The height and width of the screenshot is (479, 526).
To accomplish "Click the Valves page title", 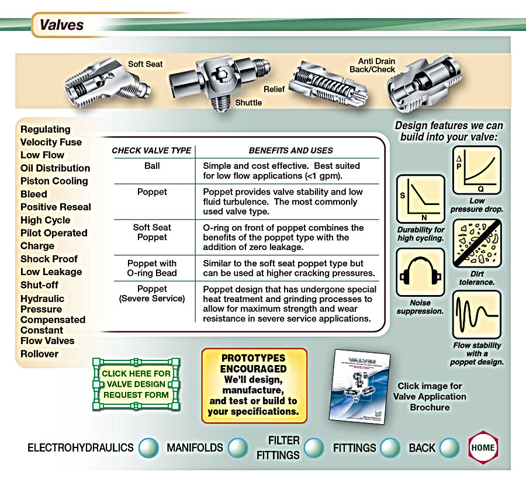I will tap(61, 25).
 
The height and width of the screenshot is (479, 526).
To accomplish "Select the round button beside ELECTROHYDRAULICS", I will tap(148, 448).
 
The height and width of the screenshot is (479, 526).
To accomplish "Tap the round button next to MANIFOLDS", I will tap(237, 448).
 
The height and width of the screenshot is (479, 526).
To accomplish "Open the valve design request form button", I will tap(136, 384).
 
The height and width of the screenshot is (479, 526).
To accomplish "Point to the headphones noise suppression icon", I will tap(420, 272).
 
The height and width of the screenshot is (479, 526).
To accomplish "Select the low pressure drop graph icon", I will tap(477, 171).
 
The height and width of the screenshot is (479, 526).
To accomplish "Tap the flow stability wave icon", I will tap(477, 314).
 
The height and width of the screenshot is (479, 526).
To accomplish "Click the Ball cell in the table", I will tap(152, 166).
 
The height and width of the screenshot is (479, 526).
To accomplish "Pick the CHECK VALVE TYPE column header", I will tap(151, 150).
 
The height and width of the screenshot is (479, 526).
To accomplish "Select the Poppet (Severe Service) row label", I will tap(152, 294).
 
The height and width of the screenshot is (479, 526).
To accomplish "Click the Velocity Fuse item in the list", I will tap(51, 142).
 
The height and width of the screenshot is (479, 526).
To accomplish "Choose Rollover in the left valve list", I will tap(40, 353).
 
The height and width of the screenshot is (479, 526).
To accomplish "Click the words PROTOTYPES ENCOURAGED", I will tap(254, 363).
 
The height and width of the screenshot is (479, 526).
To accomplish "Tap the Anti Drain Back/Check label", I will tap(376, 65).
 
